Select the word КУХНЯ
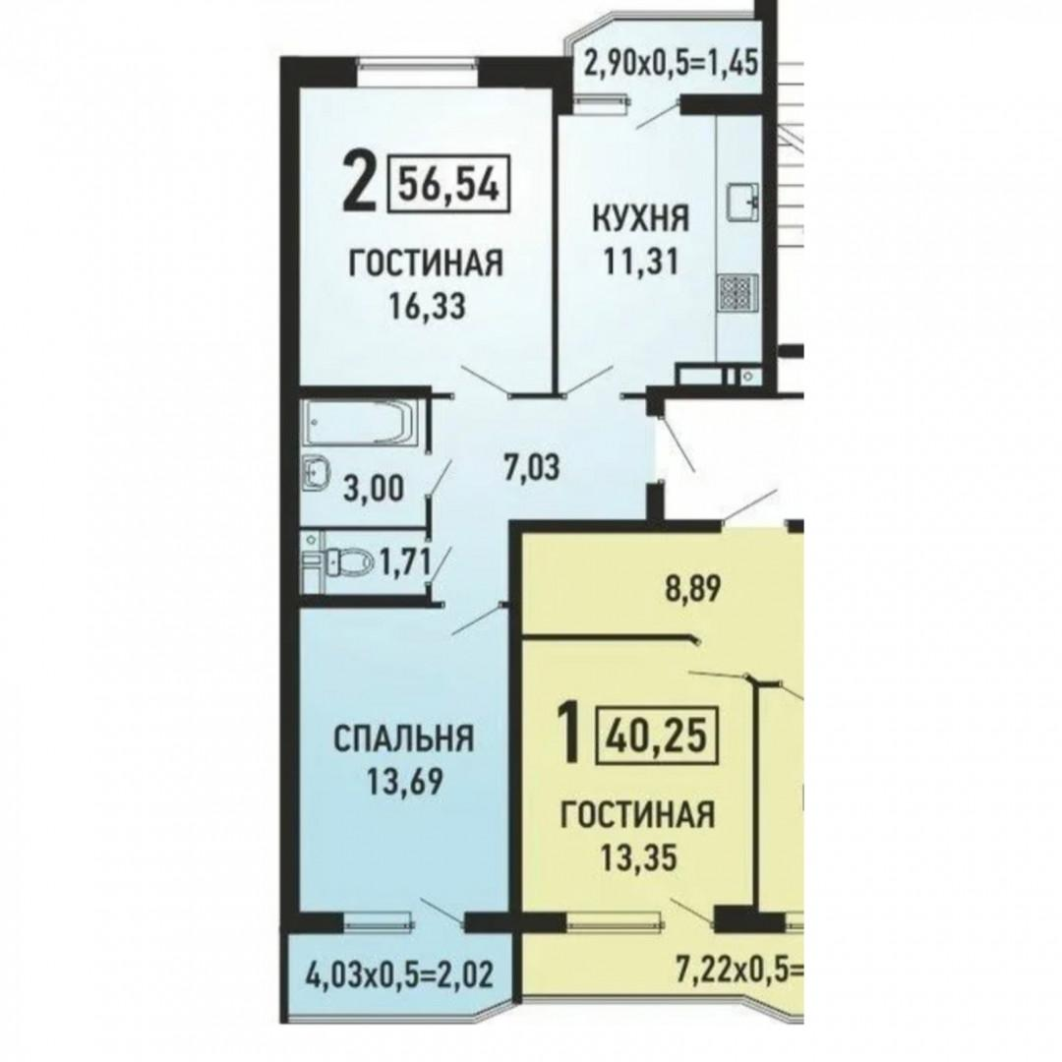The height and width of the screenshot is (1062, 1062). [x=641, y=218]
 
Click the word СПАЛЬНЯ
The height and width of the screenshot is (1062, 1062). [x=404, y=738]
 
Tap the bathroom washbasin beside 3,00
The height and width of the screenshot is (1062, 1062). [x=315, y=472]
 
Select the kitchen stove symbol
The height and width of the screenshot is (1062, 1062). [x=737, y=293]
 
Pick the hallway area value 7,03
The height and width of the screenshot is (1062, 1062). [x=532, y=467]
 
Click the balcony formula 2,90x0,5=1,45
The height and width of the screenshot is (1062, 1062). [x=670, y=66]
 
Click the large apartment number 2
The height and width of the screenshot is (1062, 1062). [x=358, y=180]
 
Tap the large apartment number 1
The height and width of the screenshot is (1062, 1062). [x=569, y=732]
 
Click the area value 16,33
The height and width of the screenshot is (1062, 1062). [x=427, y=306]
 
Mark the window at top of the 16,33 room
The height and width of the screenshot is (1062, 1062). [x=416, y=65]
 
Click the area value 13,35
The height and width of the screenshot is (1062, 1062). [x=638, y=858]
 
